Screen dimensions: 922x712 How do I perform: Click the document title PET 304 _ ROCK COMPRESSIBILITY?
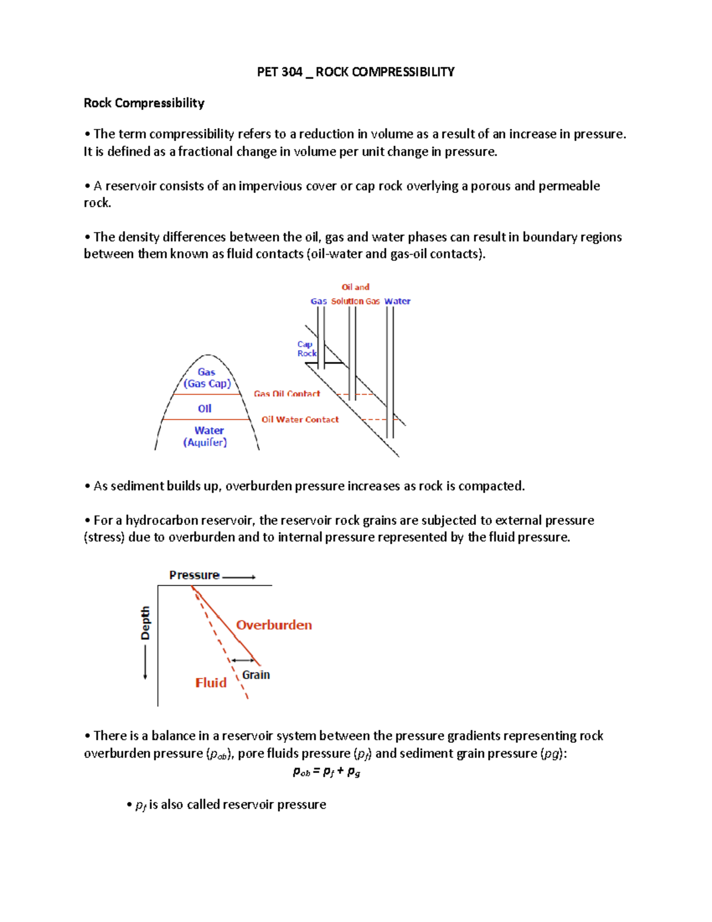(x=355, y=72)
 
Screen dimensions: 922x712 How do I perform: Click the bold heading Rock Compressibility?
(x=144, y=103)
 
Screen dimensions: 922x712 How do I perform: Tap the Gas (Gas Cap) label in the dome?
(x=206, y=378)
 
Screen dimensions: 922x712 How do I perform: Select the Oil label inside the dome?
(x=205, y=408)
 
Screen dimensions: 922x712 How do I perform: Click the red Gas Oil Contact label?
(x=287, y=394)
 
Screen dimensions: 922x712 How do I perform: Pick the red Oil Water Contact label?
(x=300, y=419)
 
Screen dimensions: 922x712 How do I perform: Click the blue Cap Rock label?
(x=306, y=348)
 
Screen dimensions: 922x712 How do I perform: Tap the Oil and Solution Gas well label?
(x=355, y=294)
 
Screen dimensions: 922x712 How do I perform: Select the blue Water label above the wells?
(x=397, y=301)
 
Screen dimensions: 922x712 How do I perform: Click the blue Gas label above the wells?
(x=319, y=301)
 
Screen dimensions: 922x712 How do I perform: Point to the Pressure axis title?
(x=194, y=575)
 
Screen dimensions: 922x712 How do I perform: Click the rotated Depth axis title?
(x=145, y=623)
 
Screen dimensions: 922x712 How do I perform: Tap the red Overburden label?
(x=274, y=625)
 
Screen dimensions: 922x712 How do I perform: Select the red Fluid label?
(x=211, y=683)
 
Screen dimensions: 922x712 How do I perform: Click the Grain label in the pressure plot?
(x=256, y=675)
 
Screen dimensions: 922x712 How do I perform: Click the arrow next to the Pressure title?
(x=239, y=576)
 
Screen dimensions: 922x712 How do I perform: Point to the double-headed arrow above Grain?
(x=243, y=660)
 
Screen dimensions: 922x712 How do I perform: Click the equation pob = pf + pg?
(x=326, y=772)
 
